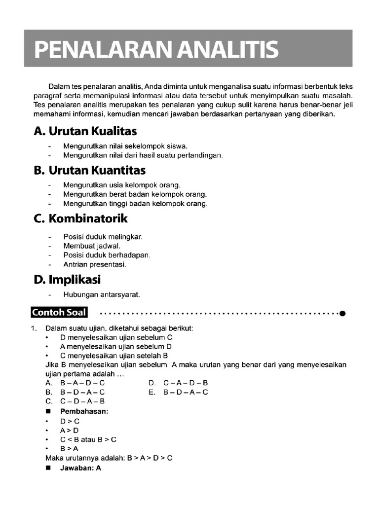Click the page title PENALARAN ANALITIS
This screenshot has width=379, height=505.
coord(156,50)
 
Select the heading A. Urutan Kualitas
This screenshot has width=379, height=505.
coord(85,132)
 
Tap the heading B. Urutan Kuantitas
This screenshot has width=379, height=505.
coord(90,171)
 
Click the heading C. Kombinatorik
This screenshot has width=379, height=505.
coord(81,218)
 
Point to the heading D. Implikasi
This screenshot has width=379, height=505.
coord(67,280)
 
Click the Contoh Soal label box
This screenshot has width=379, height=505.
coord(59,312)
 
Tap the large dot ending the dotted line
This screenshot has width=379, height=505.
coord(342,313)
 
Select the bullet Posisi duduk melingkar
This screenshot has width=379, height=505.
coord(103,237)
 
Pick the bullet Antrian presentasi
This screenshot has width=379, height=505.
coord(95,264)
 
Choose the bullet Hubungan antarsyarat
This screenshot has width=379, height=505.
coord(102,295)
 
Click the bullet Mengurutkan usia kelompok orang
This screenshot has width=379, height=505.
coord(118,185)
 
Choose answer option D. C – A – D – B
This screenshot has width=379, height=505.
coord(178,383)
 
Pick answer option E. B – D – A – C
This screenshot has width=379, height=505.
coord(178,392)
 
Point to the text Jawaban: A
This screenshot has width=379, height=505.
coord(80,469)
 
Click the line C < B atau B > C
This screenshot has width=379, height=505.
coord(88,439)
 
